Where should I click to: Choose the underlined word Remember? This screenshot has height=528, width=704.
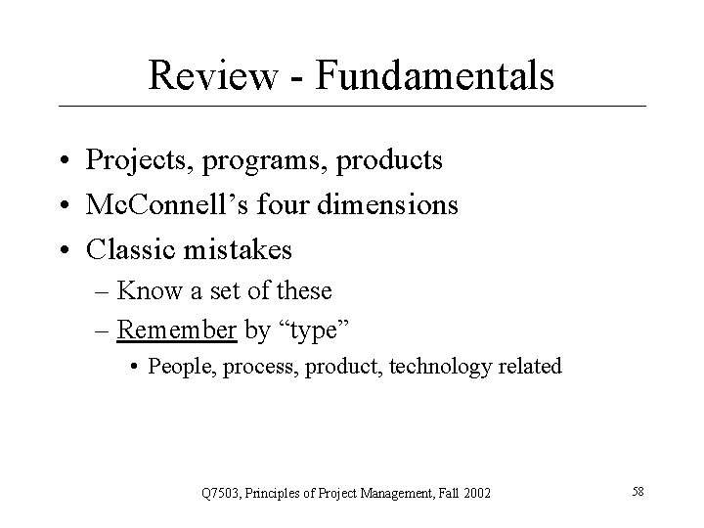click(x=176, y=329)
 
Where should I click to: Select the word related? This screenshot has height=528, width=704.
click(x=529, y=367)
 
